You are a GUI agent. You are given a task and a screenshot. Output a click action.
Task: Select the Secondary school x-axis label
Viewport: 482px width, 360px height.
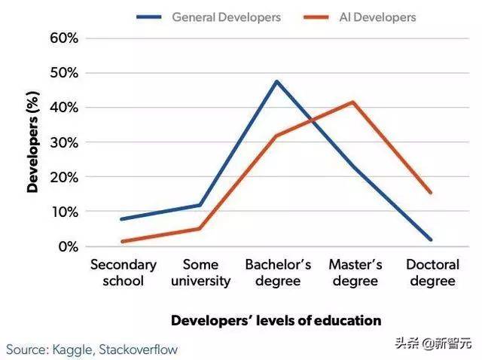point(124,273)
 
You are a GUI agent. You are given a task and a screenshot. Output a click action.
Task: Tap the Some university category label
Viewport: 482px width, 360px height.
point(200,273)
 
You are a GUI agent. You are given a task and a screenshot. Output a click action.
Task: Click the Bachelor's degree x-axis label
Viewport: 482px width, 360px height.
point(277,273)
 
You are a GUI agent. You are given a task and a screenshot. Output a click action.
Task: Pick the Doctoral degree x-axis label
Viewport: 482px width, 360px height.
point(431,273)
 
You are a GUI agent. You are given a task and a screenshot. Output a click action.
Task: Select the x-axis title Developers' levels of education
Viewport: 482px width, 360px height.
point(276,320)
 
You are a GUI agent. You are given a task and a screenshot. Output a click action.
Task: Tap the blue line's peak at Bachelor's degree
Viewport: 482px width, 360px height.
point(277,81)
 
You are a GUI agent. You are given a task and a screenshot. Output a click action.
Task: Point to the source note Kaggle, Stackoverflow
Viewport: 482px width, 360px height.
point(93,349)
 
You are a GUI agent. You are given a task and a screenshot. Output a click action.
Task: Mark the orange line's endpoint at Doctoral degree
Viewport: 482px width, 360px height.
point(431,192)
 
